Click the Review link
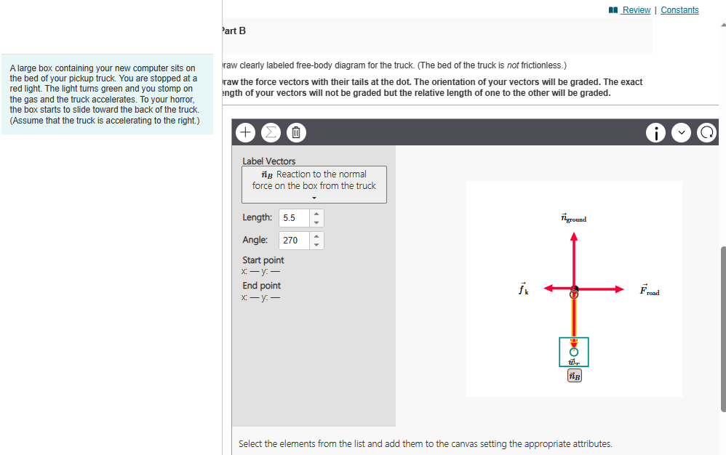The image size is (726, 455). coord(636,10)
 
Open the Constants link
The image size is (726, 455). coord(679,10)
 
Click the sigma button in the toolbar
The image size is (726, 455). coord(271,133)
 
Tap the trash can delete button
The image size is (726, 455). coord(296,133)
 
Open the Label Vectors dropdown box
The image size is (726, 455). coord(314,185)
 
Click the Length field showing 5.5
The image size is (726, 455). coord(294,217)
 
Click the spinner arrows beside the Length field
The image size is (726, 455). coord(316,217)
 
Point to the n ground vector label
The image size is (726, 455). coord(573,218)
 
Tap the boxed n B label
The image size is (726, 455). coord(574,376)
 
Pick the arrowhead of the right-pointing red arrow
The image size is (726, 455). coord(619,289)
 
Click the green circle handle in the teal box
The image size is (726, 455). coord(574,352)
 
